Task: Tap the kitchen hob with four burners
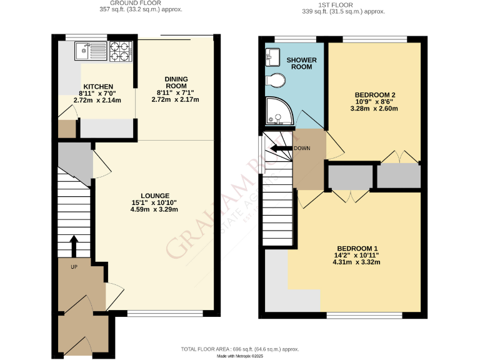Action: click(x=119, y=51)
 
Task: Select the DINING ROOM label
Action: click(x=176, y=82)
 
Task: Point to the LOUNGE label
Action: click(x=154, y=196)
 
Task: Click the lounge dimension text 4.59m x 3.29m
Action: click(x=154, y=209)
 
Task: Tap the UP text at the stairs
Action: click(x=73, y=267)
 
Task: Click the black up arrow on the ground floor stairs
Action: click(x=74, y=246)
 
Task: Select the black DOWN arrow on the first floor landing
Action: click(x=279, y=149)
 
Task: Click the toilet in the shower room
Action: click(x=275, y=80)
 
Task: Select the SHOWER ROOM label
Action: click(x=302, y=63)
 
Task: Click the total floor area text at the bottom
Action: click(x=240, y=349)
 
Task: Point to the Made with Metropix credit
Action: click(x=240, y=356)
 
